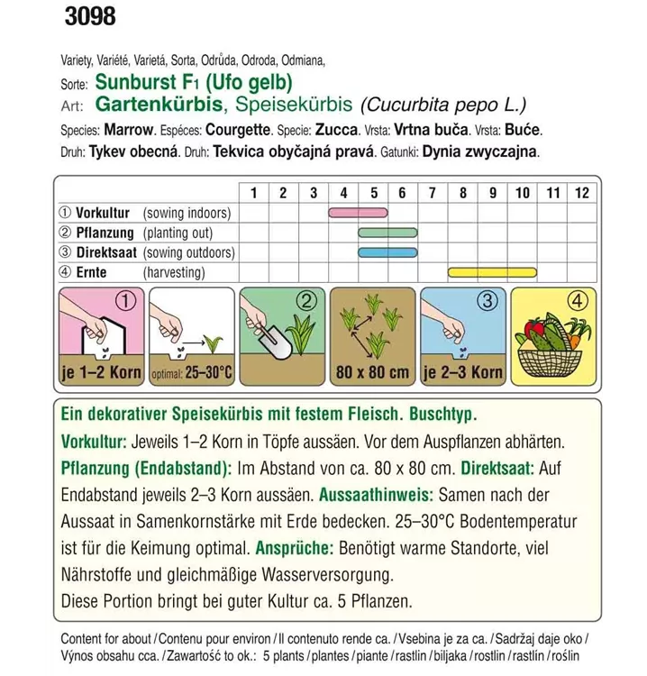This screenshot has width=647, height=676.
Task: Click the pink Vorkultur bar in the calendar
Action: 358,213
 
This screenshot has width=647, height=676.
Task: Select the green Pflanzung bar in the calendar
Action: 387,233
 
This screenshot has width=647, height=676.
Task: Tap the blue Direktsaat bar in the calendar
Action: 387,252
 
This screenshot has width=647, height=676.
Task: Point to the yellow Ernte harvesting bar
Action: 492,272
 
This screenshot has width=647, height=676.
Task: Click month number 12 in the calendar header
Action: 581,192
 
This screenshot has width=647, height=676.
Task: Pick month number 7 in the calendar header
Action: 433,192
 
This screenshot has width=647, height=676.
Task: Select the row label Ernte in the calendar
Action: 92,272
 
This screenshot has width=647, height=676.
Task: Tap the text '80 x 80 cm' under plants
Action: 371,372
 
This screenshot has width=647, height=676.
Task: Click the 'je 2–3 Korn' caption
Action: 462,372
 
